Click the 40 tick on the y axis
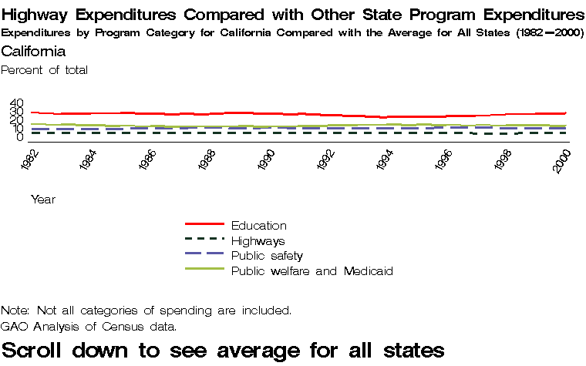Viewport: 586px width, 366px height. pos(17,102)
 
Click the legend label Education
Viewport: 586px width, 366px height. pos(258,226)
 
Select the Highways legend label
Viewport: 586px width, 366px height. pos(258,241)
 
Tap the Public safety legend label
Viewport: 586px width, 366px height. pos(267,256)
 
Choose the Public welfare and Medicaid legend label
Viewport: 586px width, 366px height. pos(312,271)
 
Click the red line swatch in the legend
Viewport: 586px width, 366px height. pos(204,224)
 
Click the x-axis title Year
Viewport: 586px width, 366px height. pos(42,200)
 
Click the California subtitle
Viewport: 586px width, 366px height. pos(33,52)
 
